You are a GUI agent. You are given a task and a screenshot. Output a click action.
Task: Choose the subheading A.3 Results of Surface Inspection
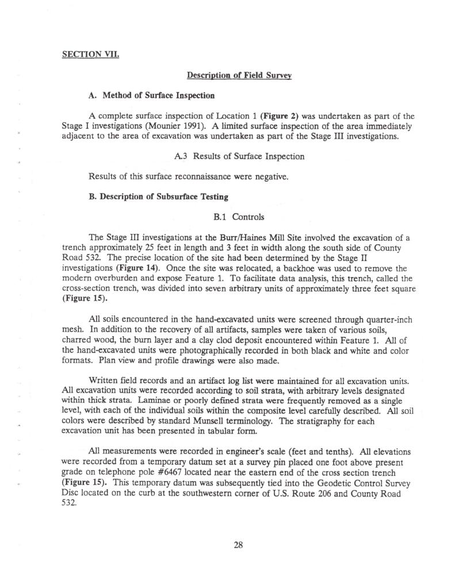238,156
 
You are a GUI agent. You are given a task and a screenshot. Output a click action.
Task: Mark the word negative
268,176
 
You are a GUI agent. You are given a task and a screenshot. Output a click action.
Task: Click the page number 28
238,545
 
